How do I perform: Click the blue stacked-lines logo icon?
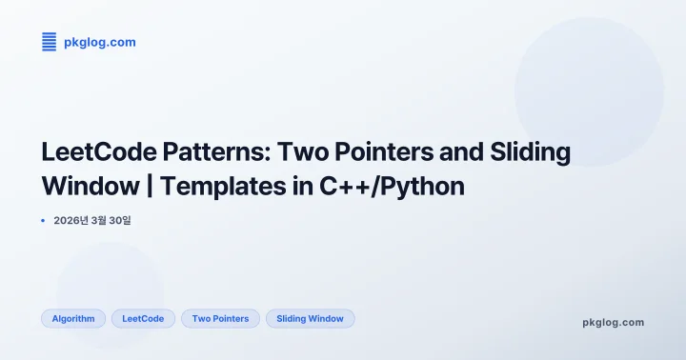[50, 41]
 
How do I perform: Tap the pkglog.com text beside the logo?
[99, 42]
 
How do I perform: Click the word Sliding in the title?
[535, 151]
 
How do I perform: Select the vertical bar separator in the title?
[150, 186]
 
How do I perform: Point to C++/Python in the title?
[392, 186]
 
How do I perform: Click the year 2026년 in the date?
[71, 221]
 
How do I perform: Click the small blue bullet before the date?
[44, 221]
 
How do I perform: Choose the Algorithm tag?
[73, 319]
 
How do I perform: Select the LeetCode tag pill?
[143, 319]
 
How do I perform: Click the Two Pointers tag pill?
[220, 319]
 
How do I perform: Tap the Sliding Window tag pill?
[310, 319]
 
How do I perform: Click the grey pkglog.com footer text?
[613, 322]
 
